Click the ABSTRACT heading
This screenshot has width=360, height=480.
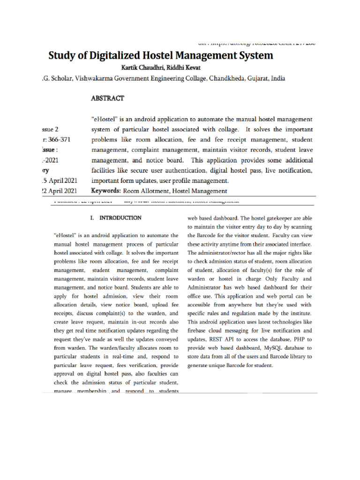(108, 98)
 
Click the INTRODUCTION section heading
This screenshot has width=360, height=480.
(120, 218)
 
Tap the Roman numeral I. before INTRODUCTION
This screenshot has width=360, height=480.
(92, 218)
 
